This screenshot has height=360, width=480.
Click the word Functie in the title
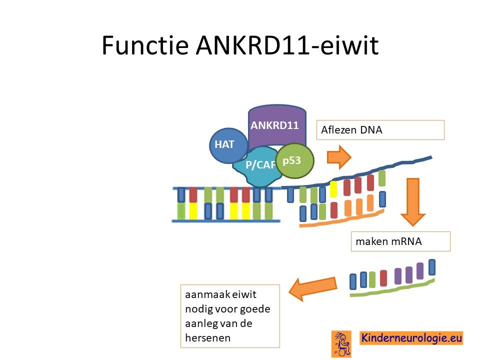(x=145, y=45)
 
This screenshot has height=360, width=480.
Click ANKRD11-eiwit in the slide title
(x=287, y=45)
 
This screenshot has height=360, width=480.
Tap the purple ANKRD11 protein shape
(x=277, y=125)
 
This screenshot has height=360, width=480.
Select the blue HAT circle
(x=228, y=145)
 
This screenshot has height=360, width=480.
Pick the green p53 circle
(x=295, y=160)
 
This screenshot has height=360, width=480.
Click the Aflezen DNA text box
(x=380, y=130)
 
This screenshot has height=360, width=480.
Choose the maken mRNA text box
(x=400, y=241)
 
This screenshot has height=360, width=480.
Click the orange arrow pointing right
(x=339, y=157)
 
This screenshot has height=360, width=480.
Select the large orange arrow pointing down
(x=412, y=202)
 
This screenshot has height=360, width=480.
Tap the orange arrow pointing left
(x=312, y=288)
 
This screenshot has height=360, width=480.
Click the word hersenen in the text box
(x=208, y=338)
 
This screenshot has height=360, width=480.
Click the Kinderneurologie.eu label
(x=411, y=338)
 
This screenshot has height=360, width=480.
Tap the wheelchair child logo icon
(x=341, y=344)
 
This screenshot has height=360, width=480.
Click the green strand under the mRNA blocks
(x=392, y=288)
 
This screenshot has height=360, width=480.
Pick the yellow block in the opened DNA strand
(x=333, y=189)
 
